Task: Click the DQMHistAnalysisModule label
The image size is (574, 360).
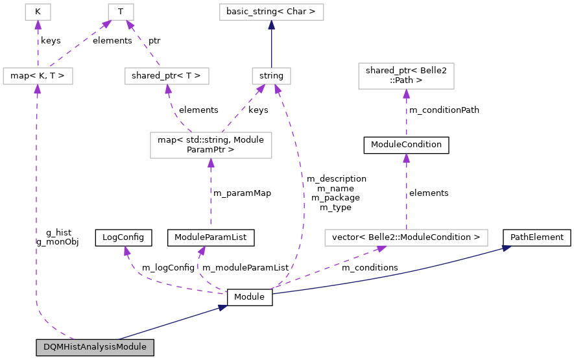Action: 95,347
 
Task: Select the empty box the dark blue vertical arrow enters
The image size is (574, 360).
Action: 271,12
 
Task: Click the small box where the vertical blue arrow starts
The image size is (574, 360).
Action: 271,77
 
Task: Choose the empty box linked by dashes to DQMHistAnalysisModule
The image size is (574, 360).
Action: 38,77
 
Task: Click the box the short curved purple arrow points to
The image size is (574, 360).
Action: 167,77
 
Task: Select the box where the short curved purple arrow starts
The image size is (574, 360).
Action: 211,145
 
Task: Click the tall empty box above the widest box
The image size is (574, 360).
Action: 406,76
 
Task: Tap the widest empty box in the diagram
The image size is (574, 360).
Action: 406,238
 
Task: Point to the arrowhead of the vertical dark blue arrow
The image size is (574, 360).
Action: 271,25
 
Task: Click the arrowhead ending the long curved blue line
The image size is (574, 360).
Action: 507,247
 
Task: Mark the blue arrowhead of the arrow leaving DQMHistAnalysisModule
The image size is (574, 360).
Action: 222,307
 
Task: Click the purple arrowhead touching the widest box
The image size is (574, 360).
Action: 381,248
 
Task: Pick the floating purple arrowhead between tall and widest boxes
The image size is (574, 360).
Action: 406,158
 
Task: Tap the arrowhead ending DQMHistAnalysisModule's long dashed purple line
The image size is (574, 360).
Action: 37,90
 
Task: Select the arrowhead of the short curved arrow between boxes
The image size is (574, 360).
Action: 168,90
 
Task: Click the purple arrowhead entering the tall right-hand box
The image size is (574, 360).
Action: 406,94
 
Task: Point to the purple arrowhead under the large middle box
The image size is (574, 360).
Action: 211,163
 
